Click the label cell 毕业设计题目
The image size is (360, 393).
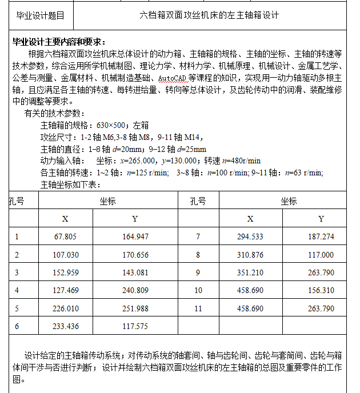[x=40, y=15]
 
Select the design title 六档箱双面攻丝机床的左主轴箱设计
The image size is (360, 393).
[x=209, y=15]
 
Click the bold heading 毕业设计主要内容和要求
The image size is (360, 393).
[x=59, y=42]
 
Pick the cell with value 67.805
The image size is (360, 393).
[x=65, y=236]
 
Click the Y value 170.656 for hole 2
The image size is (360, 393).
[x=135, y=255]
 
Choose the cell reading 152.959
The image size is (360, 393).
[x=65, y=272]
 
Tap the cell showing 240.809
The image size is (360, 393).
[x=135, y=290]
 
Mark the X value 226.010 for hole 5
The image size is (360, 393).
[x=65, y=308]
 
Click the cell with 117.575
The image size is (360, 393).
[x=135, y=326]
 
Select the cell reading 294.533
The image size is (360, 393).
[x=250, y=236]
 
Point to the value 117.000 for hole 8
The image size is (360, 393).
[x=321, y=255]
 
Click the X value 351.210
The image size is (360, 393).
[x=250, y=272]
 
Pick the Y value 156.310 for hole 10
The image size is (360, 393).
[x=321, y=290]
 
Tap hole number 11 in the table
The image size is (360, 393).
[x=198, y=308]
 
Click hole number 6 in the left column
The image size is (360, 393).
[x=17, y=326]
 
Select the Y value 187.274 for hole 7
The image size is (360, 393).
[x=321, y=236]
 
